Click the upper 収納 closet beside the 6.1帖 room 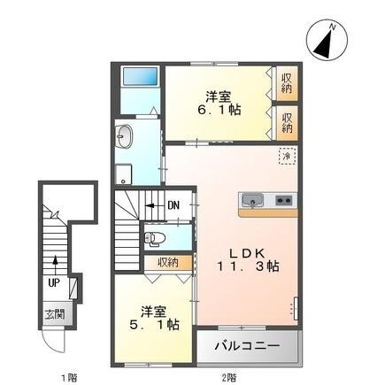[288, 84]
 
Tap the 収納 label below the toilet [168, 262]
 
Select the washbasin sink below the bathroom [124, 137]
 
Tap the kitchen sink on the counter [252, 199]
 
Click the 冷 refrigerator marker [287, 157]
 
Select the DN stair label [174, 207]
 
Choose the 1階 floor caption [69, 377]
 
